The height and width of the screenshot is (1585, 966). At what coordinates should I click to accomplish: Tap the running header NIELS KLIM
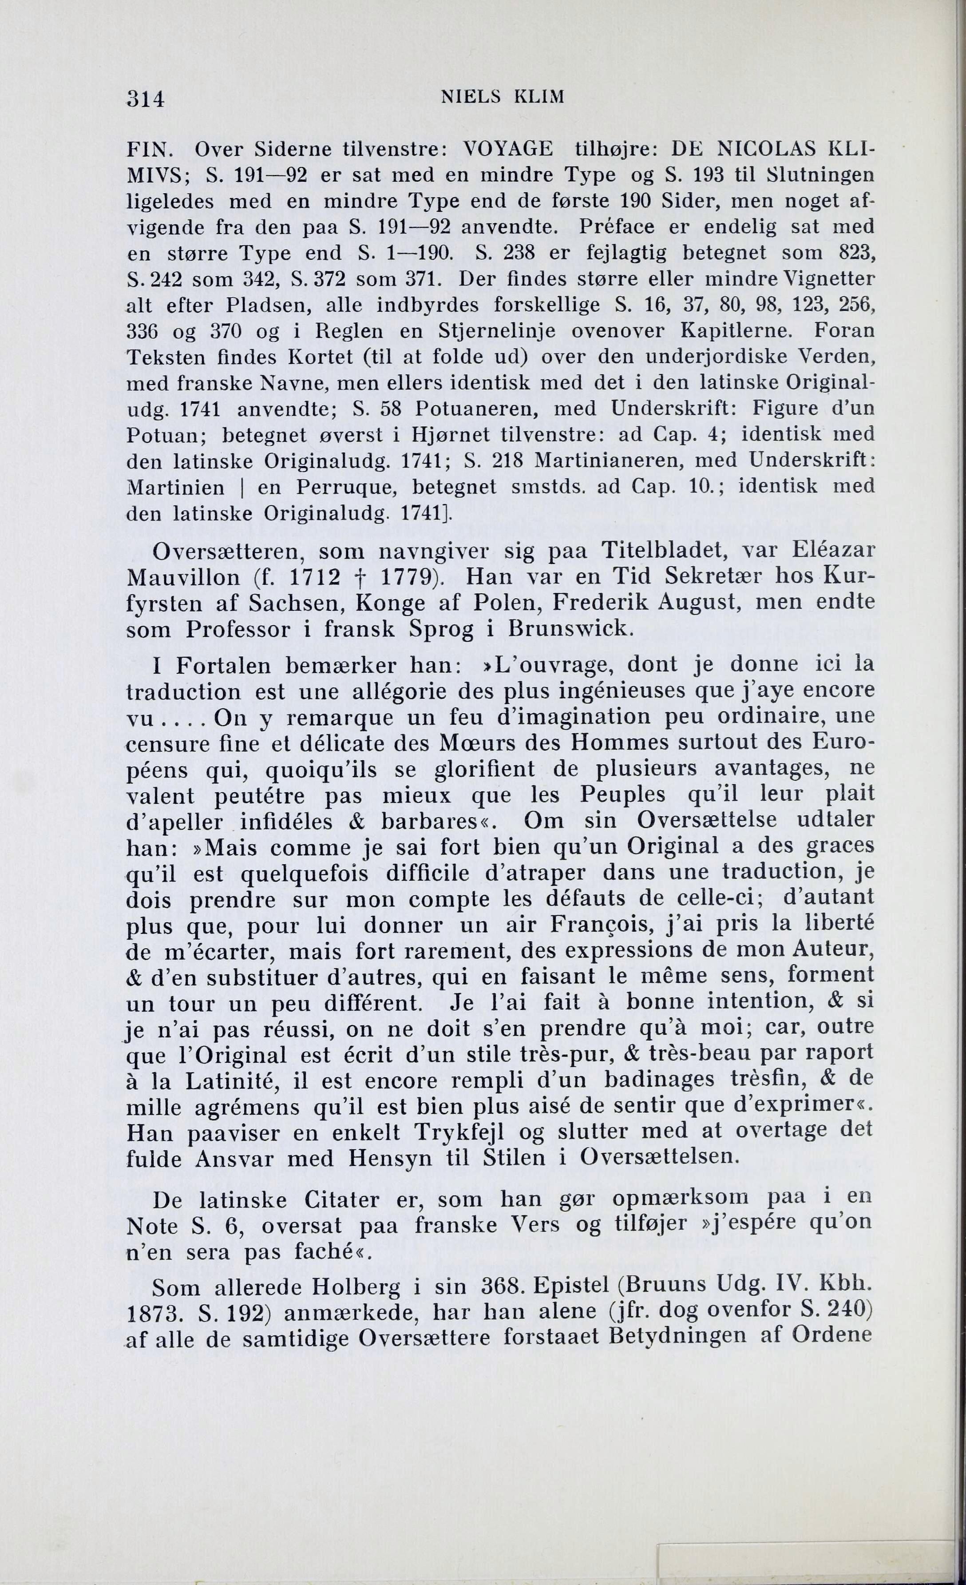[x=502, y=96]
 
